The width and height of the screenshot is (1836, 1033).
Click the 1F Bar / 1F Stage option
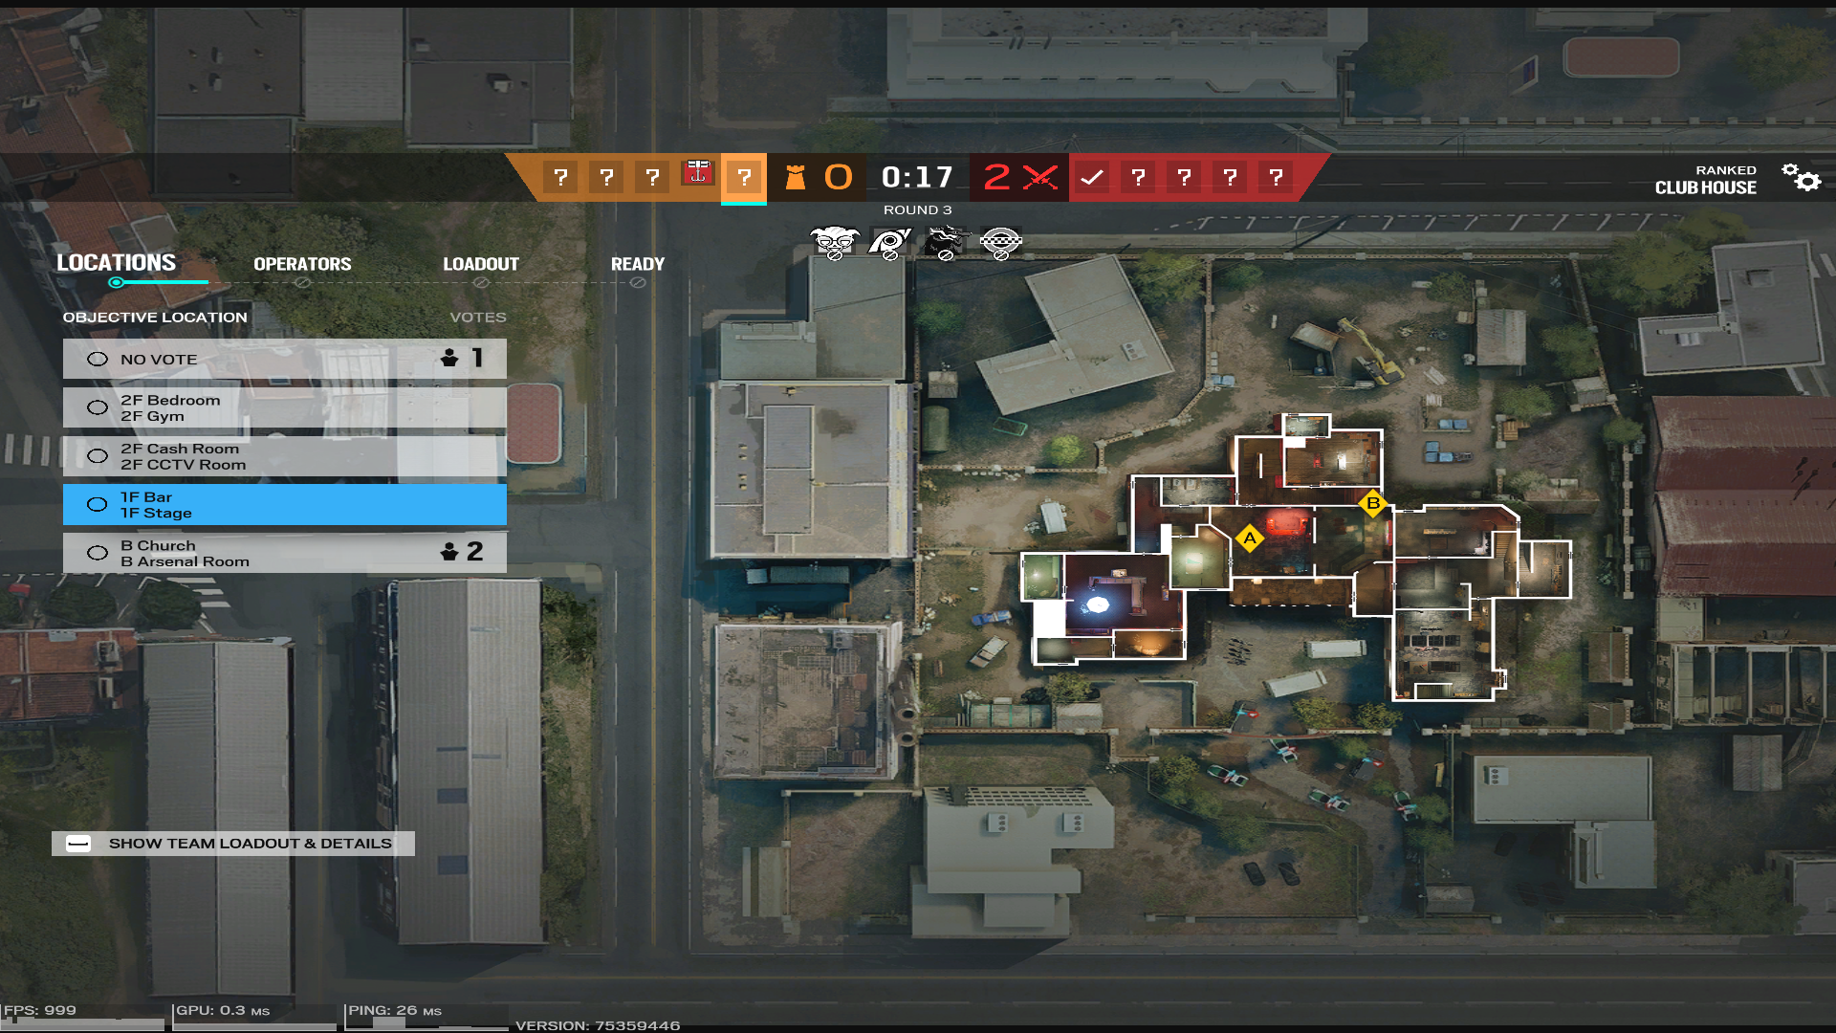284,505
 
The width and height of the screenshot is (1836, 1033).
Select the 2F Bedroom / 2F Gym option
284,408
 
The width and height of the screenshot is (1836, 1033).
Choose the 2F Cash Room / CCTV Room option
284,456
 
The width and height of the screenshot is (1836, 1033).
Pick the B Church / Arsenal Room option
284,553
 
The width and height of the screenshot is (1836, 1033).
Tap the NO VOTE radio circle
98,360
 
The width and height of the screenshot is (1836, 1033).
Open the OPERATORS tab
302,264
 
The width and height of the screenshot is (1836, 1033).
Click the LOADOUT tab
480,264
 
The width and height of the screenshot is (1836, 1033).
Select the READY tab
637,264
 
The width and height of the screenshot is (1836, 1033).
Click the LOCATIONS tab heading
116,262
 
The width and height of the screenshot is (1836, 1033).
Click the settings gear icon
1802,177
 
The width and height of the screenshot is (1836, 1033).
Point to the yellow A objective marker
1249,538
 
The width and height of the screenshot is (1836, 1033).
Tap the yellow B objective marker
1373,503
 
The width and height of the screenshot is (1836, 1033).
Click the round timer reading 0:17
916,177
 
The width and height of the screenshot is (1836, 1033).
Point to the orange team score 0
838,177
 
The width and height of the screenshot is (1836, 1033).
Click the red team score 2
996,177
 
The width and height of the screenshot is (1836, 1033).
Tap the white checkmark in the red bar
1092,177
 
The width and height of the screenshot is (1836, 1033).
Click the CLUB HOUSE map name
1705,187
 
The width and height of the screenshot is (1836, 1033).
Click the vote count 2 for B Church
474,551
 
